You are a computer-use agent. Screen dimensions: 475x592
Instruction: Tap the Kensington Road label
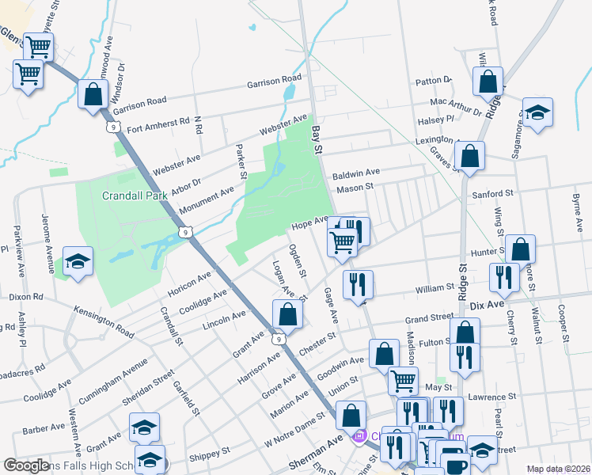tap(104, 317)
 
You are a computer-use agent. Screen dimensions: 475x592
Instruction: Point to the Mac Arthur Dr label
tap(454, 104)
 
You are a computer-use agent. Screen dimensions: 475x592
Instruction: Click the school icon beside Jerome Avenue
tap(78, 260)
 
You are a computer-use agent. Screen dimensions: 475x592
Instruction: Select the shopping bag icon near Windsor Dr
tap(93, 94)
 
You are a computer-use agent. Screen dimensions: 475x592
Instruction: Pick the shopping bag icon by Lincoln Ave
tap(288, 314)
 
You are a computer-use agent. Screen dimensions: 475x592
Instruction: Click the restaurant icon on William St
tap(359, 283)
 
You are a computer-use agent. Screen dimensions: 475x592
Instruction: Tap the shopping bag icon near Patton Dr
tap(488, 80)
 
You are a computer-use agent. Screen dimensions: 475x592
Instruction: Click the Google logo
tap(27, 465)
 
